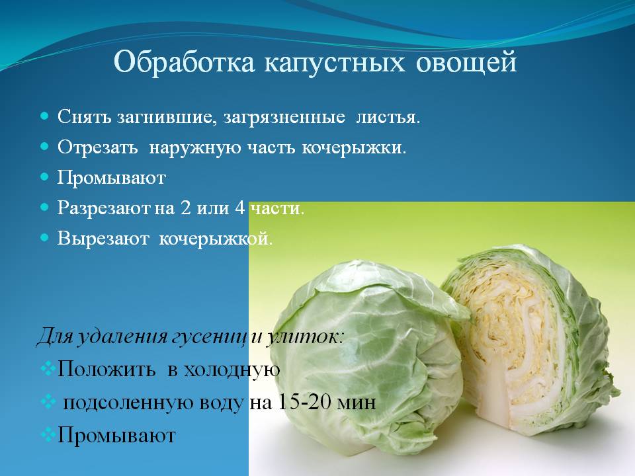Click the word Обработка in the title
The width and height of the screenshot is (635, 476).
pyautogui.click(x=185, y=63)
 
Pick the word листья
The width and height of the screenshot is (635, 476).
pyautogui.click(x=388, y=117)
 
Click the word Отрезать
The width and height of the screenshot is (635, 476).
pyautogui.click(x=97, y=147)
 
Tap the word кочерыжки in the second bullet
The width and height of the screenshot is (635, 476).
pyautogui.click(x=353, y=147)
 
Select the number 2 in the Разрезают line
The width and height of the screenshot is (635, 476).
pyautogui.click(x=185, y=208)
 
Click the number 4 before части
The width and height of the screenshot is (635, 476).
pyautogui.click(x=239, y=208)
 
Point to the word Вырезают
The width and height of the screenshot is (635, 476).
pyautogui.click(x=103, y=239)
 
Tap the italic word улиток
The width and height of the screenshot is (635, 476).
pyautogui.click(x=304, y=337)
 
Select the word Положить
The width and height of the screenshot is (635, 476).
pyautogui.click(x=106, y=369)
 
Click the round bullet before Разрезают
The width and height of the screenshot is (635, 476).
pyautogui.click(x=44, y=208)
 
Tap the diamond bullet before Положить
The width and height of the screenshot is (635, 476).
pyautogui.click(x=48, y=368)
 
